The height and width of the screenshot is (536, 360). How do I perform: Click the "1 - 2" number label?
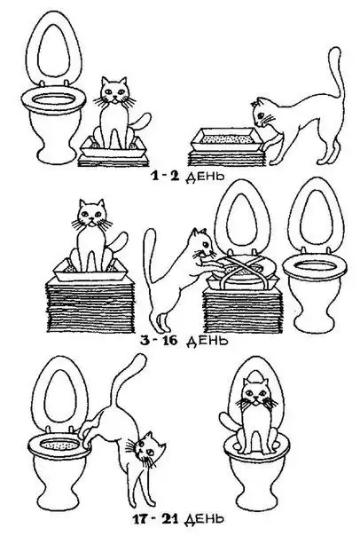coord(165,176)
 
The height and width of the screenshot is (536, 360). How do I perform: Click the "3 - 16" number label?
coord(159,341)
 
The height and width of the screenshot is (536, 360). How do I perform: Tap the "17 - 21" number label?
coord(155,520)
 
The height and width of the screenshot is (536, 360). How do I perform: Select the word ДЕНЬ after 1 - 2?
coord(205,177)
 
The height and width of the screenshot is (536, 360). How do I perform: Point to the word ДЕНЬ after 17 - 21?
coord(204,520)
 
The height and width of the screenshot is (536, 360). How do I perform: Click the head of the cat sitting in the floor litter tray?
coord(114,91)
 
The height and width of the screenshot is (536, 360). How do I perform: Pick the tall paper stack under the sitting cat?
coord(89,305)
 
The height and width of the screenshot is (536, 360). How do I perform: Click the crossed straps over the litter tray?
coord(242,270)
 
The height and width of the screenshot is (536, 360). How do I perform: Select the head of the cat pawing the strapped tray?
coord(202,243)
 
